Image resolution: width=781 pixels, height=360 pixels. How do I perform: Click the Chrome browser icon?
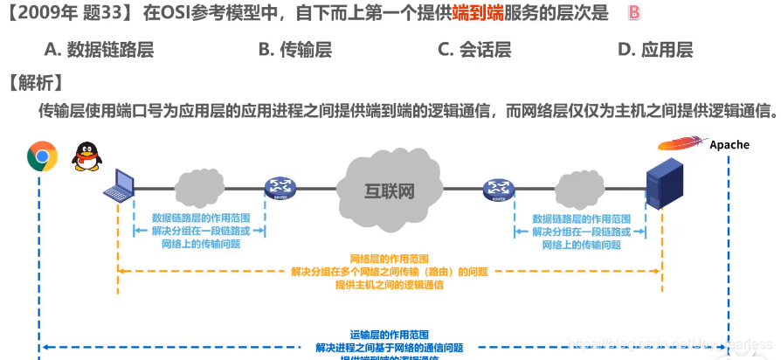42,156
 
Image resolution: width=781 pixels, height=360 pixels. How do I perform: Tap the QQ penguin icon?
86,158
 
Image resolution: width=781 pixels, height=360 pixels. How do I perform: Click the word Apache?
729,144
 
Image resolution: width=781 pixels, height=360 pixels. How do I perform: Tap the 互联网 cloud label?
389,190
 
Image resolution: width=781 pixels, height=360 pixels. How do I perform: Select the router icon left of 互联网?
280,187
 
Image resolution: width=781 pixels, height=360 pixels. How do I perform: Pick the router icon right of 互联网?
499,188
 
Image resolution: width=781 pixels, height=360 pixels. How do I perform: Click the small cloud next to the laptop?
200,187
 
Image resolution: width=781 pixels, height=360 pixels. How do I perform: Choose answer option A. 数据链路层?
98,50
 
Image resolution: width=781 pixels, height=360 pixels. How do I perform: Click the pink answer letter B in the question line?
634,13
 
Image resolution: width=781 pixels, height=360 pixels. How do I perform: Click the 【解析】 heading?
34,83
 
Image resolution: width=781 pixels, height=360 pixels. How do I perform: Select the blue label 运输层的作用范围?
389,335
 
